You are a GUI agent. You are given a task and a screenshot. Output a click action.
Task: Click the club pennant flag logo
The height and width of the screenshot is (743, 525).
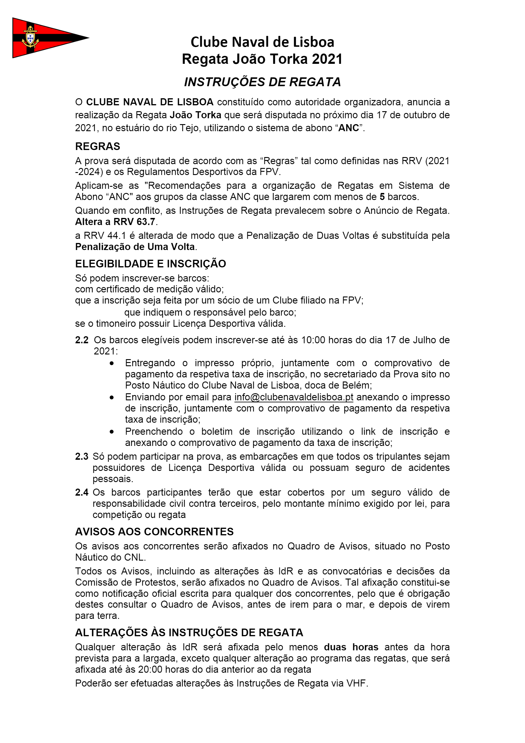[45, 38]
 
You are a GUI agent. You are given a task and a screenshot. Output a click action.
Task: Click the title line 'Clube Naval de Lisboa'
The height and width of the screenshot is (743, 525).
[262, 42]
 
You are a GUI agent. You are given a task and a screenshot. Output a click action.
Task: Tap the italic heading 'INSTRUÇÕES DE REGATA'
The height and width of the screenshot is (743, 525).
[262, 82]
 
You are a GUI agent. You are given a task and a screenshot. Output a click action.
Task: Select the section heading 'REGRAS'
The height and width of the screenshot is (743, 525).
[97, 146]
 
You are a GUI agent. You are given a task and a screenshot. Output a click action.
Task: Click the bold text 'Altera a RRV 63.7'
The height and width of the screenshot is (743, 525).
[115, 222]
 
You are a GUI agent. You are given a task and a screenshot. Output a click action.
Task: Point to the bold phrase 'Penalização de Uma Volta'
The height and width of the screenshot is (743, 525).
[135, 246]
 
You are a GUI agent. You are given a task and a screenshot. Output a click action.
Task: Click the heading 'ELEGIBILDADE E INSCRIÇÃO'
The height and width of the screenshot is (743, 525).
[151, 264]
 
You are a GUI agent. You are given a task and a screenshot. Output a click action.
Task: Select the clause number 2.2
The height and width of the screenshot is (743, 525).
[81, 340]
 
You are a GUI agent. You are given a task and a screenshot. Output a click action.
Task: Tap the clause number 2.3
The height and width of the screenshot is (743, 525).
[81, 456]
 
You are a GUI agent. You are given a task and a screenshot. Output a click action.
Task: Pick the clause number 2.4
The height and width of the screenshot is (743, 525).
[81, 492]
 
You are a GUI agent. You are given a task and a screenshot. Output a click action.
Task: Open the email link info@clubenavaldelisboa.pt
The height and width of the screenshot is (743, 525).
[294, 397]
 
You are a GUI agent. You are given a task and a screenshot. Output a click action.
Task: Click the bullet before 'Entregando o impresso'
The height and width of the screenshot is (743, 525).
[112, 363]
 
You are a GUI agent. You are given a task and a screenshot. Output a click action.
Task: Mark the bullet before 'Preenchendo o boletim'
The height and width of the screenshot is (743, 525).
[112, 432]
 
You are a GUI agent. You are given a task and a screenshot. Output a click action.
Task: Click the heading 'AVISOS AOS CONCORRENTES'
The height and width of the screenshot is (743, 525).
[154, 532]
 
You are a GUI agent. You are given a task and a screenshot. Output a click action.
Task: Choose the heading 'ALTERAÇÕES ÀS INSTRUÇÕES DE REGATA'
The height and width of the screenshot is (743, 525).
[189, 632]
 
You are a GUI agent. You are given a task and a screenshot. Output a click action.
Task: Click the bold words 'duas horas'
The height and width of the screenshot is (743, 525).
[351, 647]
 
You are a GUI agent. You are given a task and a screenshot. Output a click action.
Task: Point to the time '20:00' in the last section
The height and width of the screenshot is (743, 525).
[151, 669]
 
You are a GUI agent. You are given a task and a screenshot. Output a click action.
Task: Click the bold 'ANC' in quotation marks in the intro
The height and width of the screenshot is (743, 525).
[349, 128]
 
